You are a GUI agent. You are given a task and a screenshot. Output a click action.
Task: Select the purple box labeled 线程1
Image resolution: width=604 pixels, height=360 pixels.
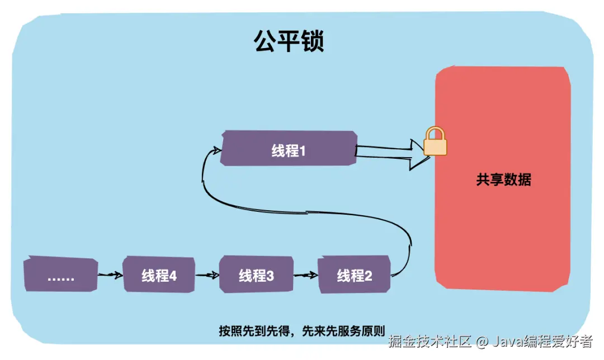[289, 149]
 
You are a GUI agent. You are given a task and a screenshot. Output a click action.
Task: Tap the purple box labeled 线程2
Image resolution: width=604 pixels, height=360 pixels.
[354, 275]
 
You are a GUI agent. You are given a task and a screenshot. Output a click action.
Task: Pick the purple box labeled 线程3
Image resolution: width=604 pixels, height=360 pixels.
[256, 275]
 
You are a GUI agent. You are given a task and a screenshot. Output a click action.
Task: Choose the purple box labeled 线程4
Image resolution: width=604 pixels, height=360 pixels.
[159, 275]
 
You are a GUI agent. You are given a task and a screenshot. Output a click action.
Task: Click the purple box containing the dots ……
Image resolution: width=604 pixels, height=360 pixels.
[61, 275]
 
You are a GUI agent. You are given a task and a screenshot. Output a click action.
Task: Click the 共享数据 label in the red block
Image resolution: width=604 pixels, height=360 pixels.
[503, 180]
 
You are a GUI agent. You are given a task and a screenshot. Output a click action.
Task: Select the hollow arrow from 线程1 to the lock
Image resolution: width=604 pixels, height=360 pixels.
[391, 151]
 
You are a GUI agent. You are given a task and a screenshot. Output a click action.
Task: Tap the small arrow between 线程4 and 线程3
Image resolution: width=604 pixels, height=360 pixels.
[207, 275]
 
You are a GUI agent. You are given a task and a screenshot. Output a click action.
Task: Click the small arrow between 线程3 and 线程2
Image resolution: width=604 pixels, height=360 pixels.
[305, 275]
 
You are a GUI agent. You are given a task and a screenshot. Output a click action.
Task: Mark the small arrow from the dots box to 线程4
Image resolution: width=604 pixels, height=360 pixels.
[110, 275]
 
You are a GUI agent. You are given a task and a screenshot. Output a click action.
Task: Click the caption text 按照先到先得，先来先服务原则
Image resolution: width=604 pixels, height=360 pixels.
[302, 330]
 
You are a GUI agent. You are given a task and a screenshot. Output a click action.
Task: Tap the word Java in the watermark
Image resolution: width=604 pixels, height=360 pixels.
[507, 341]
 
